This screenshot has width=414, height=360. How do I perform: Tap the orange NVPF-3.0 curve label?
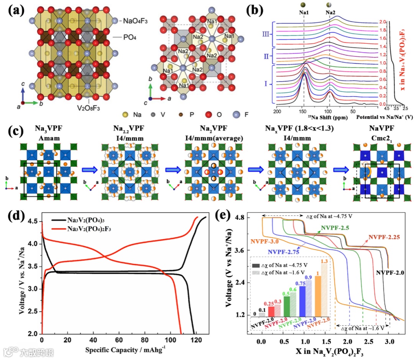pos(267,242)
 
